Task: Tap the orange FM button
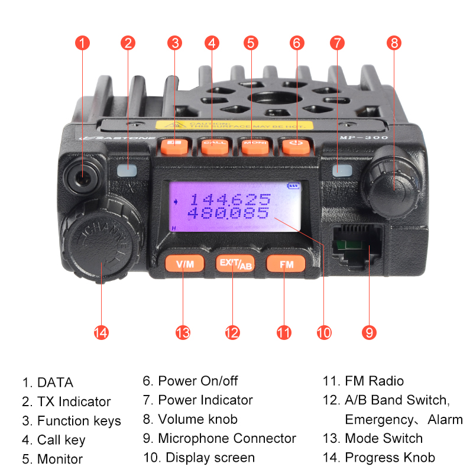point(286,264)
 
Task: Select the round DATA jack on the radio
point(80,176)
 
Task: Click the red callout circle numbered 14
point(101,332)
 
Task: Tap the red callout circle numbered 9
point(370,332)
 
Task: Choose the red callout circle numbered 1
point(83,43)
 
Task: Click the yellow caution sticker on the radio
point(234,125)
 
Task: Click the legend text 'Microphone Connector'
point(227,439)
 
